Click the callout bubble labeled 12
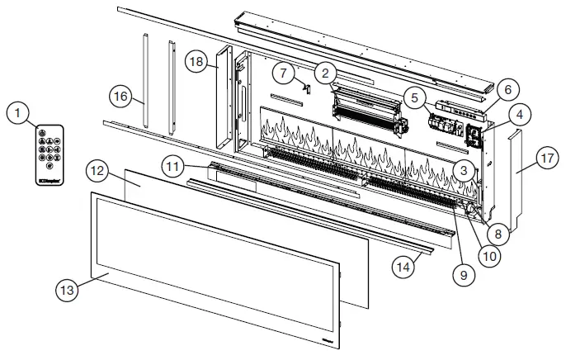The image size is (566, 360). click(97, 171)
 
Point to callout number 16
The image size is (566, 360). click(121, 97)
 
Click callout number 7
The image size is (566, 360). click(285, 73)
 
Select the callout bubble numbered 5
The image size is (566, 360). click(414, 97)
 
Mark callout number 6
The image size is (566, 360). click(507, 88)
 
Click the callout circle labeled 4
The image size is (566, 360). click(520, 115)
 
